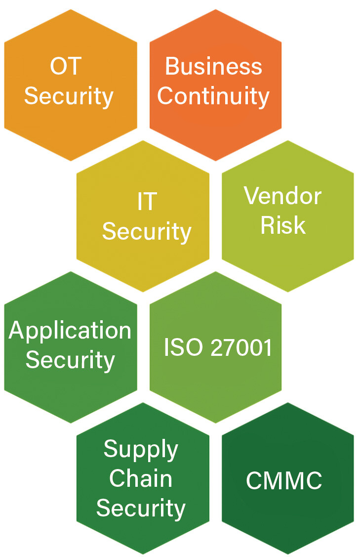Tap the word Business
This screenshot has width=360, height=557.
coord(213,67)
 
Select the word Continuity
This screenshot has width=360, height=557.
coord(213,96)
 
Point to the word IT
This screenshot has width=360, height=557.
coord(147,202)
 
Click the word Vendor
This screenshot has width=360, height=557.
coord(283,196)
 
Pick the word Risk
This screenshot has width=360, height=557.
coord(283,225)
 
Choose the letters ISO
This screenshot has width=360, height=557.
coord(183,347)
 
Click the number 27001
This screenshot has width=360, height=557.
coord(241,347)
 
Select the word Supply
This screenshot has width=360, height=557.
coord(141,449)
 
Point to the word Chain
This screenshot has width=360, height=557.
coord(141,478)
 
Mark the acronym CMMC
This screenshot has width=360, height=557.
coord(284,481)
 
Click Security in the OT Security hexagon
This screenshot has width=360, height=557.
coord(69,96)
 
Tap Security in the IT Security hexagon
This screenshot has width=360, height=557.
coord(147,231)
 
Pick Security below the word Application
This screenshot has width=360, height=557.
coord(70,359)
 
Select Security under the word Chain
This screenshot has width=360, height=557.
coord(141,508)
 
